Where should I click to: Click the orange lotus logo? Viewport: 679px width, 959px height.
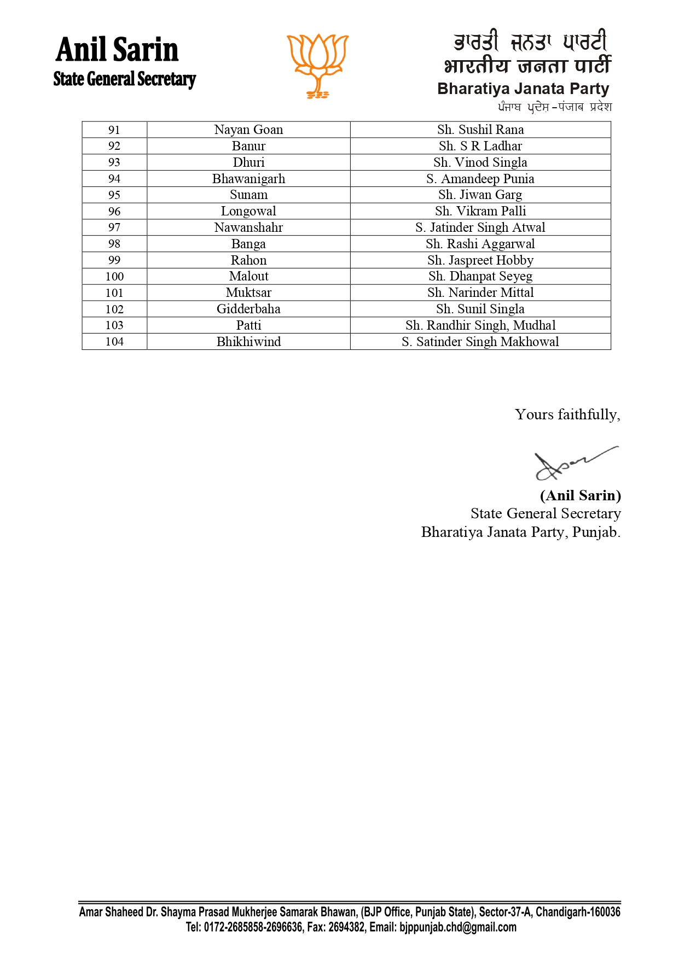click(317, 65)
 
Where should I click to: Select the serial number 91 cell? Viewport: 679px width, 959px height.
click(114, 130)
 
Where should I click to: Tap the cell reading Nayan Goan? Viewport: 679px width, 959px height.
click(248, 130)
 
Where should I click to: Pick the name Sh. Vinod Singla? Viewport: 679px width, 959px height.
click(480, 162)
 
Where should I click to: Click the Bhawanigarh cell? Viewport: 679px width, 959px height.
click(248, 179)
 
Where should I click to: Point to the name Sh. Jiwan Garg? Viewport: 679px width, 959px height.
click(480, 195)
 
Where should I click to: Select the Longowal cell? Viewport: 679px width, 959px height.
click(248, 211)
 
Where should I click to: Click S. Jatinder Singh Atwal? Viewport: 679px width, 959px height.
click(480, 227)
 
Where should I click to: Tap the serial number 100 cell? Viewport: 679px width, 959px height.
click(114, 277)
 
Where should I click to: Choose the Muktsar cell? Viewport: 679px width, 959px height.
click(248, 293)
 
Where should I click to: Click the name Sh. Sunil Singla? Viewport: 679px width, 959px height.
click(480, 309)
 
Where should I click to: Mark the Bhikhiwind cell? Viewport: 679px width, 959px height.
click(248, 342)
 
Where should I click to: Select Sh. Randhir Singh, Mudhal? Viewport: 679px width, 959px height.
click(480, 325)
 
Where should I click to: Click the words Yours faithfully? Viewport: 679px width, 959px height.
click(567, 414)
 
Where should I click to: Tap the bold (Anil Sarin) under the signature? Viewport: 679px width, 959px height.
click(580, 495)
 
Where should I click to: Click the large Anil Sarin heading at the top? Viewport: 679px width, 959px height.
click(117, 50)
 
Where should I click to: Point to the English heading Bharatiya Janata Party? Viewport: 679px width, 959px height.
click(523, 89)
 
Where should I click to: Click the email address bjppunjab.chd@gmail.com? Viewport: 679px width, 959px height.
click(457, 927)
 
